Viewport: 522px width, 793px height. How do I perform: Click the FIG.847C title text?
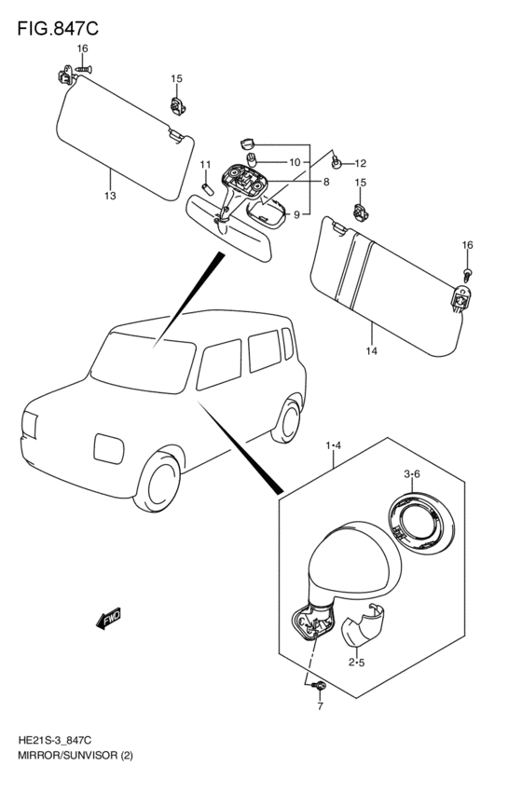tap(58, 29)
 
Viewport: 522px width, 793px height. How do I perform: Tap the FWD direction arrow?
tap(108, 618)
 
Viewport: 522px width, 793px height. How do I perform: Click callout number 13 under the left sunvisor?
tap(110, 196)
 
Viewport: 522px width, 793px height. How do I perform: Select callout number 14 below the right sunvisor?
tap(372, 351)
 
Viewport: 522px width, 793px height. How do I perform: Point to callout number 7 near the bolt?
tap(320, 706)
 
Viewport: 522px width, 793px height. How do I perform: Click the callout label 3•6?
tap(412, 474)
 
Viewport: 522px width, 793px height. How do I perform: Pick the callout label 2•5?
tap(356, 663)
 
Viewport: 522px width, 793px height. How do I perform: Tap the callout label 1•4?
tap(334, 445)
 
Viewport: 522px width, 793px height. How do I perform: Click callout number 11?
tap(205, 164)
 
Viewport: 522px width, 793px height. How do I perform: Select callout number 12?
tap(360, 163)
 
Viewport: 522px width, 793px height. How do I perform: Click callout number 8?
tap(326, 182)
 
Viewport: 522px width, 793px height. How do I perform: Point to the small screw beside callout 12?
tap(336, 162)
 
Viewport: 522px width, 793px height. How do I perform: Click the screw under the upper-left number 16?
tap(83, 68)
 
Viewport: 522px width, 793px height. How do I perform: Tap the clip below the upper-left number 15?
tap(177, 105)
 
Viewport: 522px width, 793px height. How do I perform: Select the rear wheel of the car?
tap(287, 419)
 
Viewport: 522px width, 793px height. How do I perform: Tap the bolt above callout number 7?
tap(320, 685)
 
